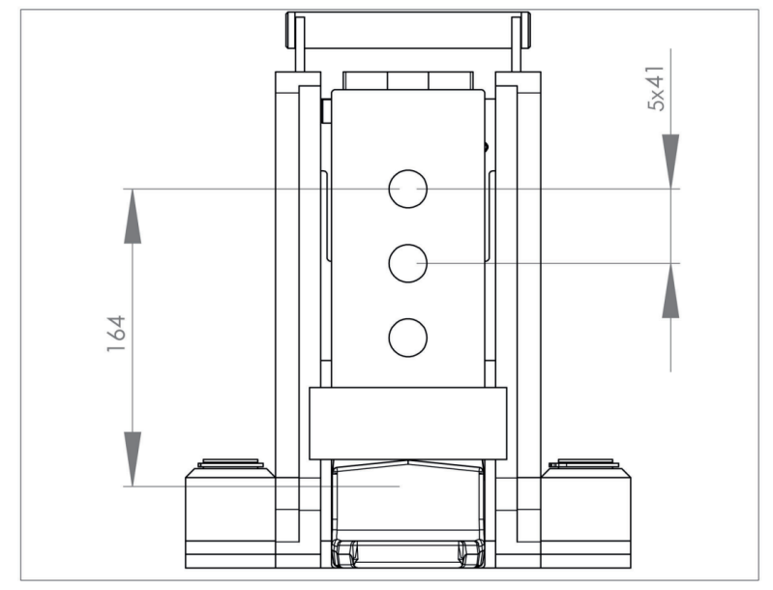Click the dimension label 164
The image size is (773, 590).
[x=116, y=334]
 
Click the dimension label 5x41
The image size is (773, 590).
[x=656, y=88]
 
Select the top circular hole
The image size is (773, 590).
[x=407, y=189]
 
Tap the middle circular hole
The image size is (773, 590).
[x=407, y=263]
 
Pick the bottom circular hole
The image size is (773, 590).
[x=407, y=338]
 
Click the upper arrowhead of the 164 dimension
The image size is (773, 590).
[x=133, y=216]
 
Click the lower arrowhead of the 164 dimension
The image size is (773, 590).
[x=133, y=458]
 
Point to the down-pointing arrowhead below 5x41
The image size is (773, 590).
[x=670, y=162]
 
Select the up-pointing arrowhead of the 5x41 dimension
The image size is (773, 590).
[x=670, y=290]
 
